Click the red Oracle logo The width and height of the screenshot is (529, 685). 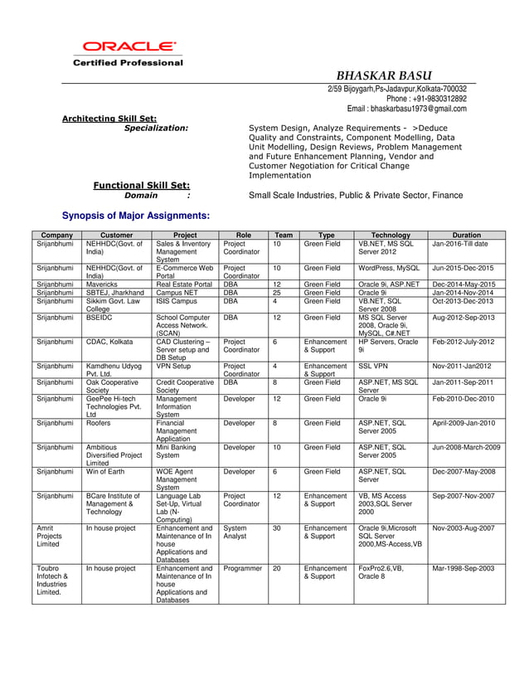(x=128, y=47)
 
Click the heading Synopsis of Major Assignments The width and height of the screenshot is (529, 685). (x=136, y=216)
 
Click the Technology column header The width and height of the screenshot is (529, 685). (x=391, y=235)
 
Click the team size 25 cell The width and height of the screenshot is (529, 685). (x=277, y=292)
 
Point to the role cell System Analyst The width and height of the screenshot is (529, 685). (x=235, y=532)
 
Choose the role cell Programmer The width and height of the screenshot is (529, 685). (x=242, y=568)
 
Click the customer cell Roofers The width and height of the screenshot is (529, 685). (x=100, y=422)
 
